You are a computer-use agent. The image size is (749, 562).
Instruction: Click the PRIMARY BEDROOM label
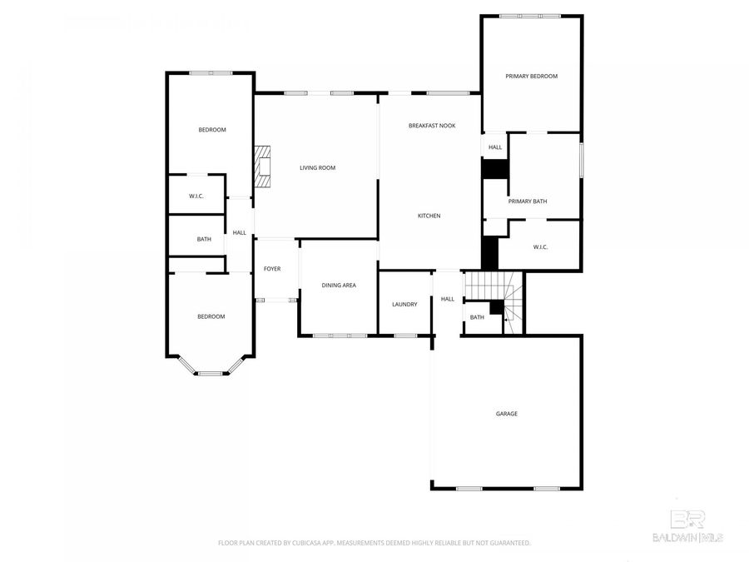coord(531,76)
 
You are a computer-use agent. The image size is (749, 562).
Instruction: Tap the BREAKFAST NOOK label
coord(432,126)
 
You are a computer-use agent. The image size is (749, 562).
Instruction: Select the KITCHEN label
coord(429,216)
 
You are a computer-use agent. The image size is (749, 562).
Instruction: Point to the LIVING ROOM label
coord(317,168)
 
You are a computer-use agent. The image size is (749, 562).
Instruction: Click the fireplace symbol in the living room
coord(264,165)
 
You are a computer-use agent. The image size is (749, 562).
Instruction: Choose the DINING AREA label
coord(339,286)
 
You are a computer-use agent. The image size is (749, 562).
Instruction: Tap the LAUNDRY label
coord(404,304)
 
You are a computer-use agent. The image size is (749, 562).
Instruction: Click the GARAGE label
coord(506,414)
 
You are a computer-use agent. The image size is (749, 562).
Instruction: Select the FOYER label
coord(272,269)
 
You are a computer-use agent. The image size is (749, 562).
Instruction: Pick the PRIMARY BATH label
coord(528,201)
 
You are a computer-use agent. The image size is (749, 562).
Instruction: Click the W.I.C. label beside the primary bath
coord(540,246)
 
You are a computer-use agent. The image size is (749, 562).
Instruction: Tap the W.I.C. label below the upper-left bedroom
coord(196,196)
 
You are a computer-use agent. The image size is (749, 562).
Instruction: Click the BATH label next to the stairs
coord(477,317)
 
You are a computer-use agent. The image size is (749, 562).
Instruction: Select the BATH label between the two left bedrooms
coord(204,240)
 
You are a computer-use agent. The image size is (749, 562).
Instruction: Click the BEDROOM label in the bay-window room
coord(211,316)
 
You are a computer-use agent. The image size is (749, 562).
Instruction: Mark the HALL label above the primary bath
coord(495,147)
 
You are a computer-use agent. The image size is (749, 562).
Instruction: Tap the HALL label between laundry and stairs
coord(448,299)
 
